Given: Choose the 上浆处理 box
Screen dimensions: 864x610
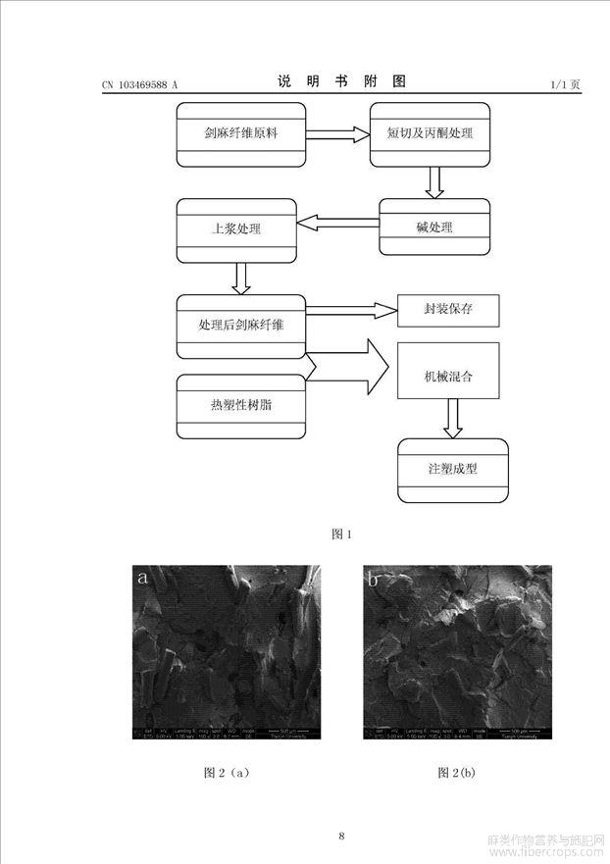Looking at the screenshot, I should (x=235, y=229).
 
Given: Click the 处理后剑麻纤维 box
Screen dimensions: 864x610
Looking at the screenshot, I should (x=240, y=325).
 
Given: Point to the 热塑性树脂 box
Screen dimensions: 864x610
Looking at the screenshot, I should (x=240, y=405).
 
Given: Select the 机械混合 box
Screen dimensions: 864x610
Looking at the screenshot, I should (x=448, y=375).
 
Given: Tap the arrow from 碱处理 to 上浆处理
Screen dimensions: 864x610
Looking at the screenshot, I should (x=337, y=224).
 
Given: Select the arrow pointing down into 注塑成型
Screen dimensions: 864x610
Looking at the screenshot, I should (x=452, y=418).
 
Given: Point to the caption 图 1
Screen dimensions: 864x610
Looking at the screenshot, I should (x=341, y=534).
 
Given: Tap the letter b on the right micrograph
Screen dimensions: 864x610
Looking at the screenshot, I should (x=375, y=580).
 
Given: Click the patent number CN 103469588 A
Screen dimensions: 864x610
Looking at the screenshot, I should (x=139, y=85).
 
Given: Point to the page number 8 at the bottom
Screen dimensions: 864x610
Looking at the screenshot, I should (x=341, y=836).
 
